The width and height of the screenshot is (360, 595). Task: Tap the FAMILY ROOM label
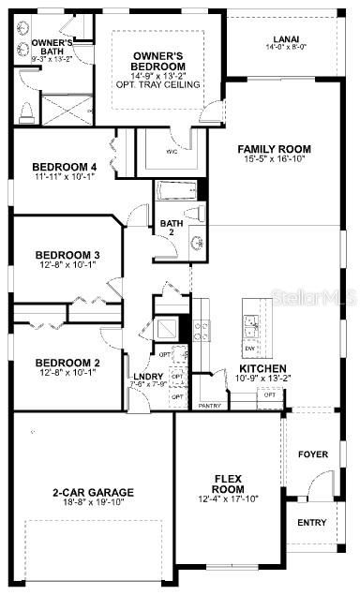click(x=274, y=149)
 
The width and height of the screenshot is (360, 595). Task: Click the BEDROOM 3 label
click(x=67, y=255)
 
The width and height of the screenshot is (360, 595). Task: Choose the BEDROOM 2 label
click(x=67, y=364)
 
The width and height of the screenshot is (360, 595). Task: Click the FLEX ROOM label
click(x=228, y=483)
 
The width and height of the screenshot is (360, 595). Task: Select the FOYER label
click(x=313, y=454)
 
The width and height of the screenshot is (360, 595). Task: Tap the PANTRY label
click(x=210, y=406)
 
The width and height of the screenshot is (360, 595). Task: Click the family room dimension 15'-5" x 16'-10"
click(x=274, y=159)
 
